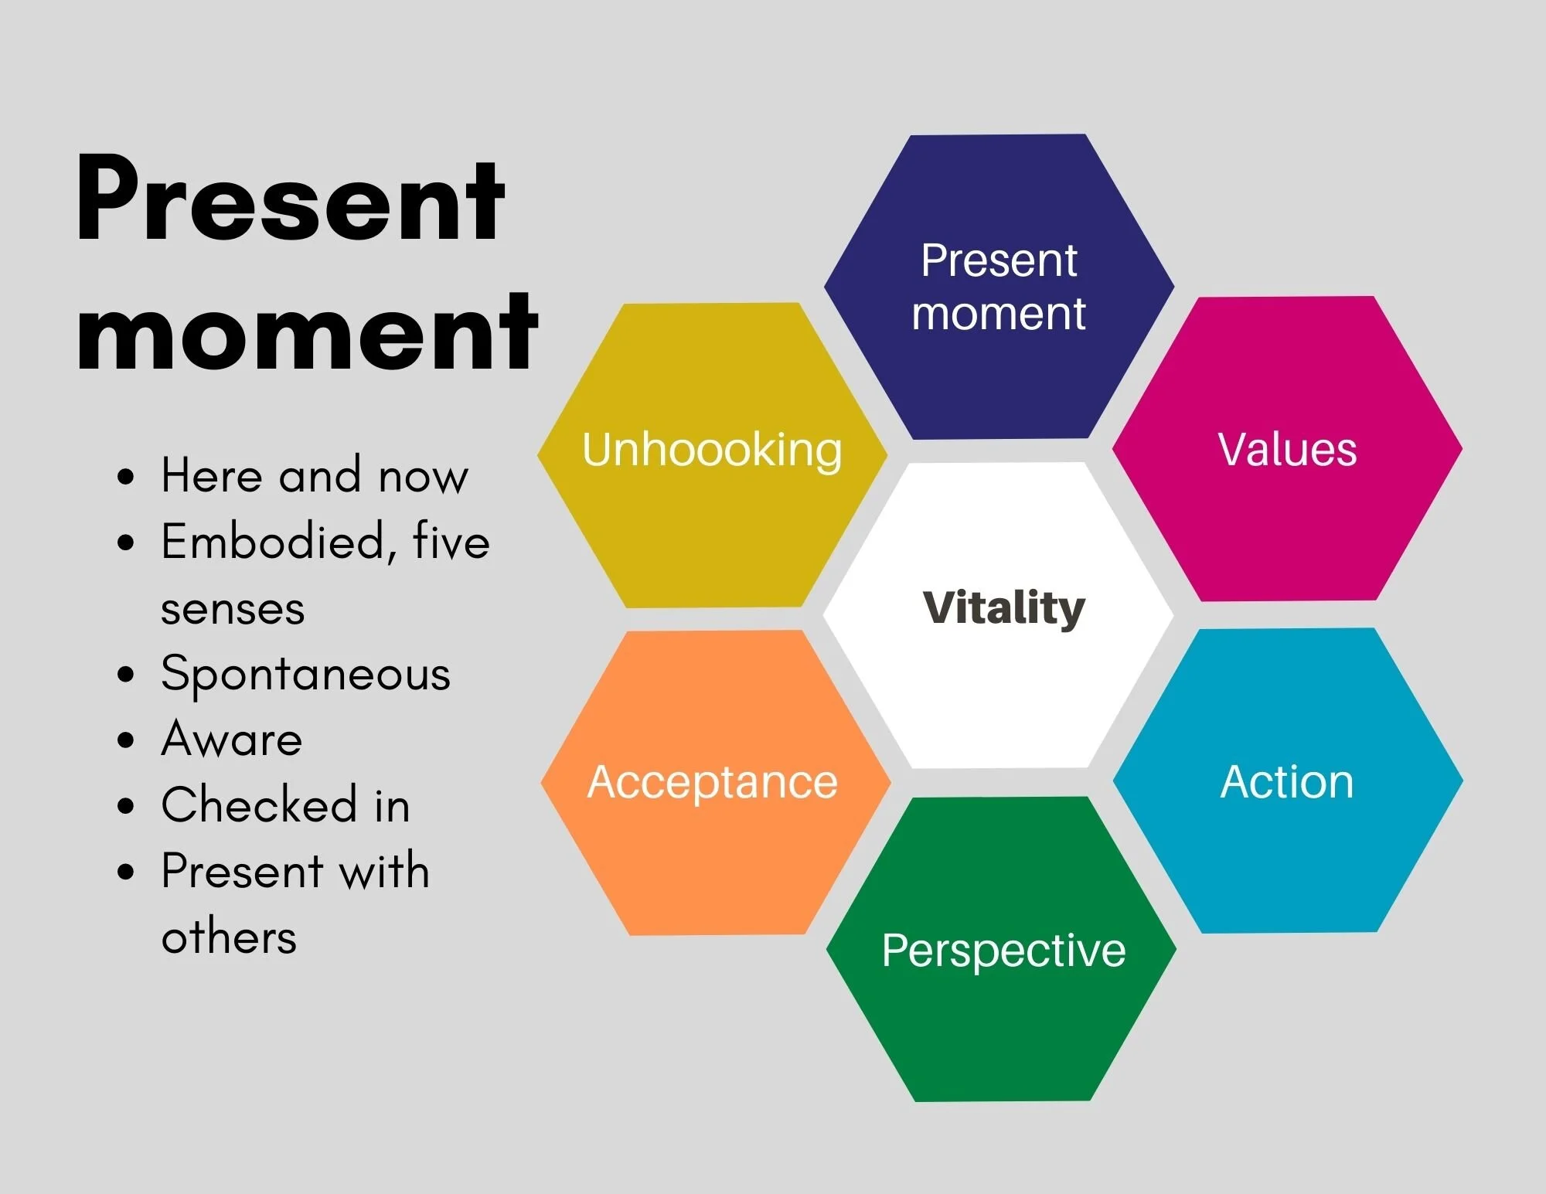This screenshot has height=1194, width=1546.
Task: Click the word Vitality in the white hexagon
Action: (1003, 607)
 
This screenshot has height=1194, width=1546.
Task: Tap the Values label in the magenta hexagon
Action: (1287, 449)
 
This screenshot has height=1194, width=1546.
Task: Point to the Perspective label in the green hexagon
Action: (1003, 951)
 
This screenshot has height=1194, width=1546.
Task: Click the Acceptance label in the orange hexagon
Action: (712, 781)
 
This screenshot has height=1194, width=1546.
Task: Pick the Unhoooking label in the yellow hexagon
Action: (712, 449)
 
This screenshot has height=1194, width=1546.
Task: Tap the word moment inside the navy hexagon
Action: (999, 314)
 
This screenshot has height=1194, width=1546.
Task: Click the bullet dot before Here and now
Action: (126, 477)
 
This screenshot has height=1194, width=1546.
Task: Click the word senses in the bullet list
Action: (233, 610)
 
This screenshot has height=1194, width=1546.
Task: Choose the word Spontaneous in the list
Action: (305, 674)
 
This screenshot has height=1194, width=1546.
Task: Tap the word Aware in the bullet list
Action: (231, 739)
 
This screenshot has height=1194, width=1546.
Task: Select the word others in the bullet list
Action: (229, 937)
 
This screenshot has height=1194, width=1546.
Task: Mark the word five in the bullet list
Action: (451, 540)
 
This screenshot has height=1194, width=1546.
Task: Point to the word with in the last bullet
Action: (384, 871)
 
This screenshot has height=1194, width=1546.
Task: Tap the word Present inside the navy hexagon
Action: (999, 260)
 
